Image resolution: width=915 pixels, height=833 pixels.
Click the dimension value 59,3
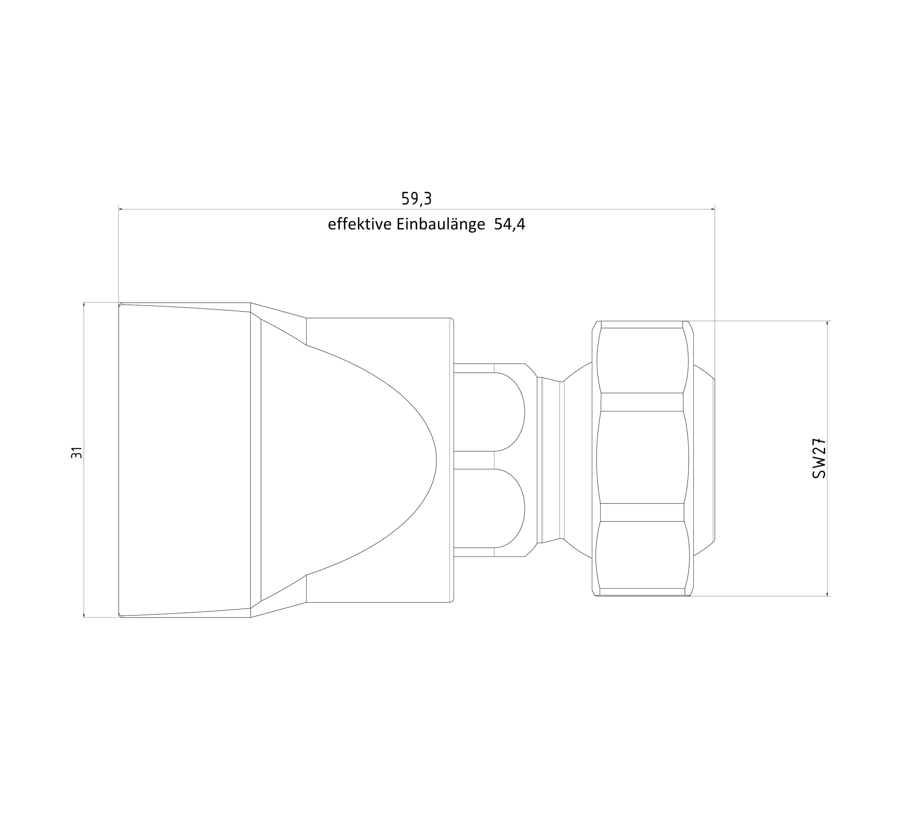pos(416,199)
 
